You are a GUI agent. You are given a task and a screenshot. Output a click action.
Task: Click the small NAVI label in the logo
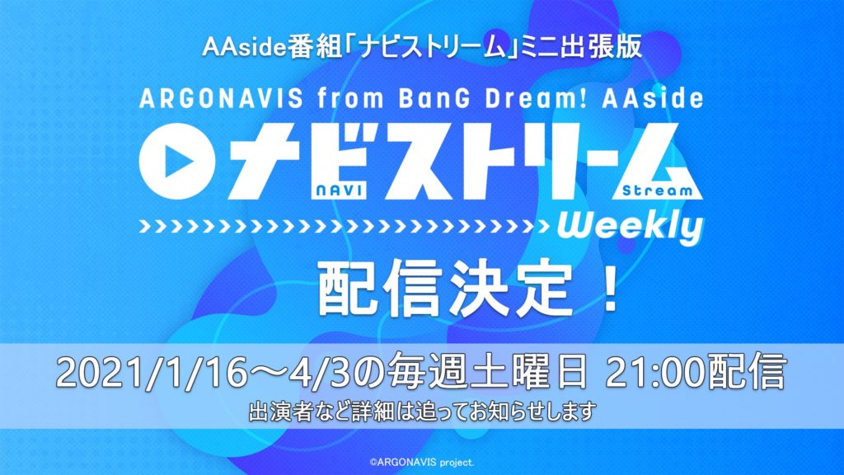click(x=339, y=190)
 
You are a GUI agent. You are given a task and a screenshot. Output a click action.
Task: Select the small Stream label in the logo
click(x=657, y=190)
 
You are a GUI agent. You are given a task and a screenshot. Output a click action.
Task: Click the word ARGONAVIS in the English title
click(x=221, y=99)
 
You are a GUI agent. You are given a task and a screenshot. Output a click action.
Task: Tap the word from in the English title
click(x=350, y=99)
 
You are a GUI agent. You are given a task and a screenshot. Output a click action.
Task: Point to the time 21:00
click(x=656, y=373)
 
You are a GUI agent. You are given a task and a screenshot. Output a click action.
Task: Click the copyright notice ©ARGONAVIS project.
click(x=422, y=462)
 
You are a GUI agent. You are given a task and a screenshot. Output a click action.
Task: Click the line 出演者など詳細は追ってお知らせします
click(x=423, y=412)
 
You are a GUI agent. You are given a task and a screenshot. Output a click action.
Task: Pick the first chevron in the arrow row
click(x=145, y=227)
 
